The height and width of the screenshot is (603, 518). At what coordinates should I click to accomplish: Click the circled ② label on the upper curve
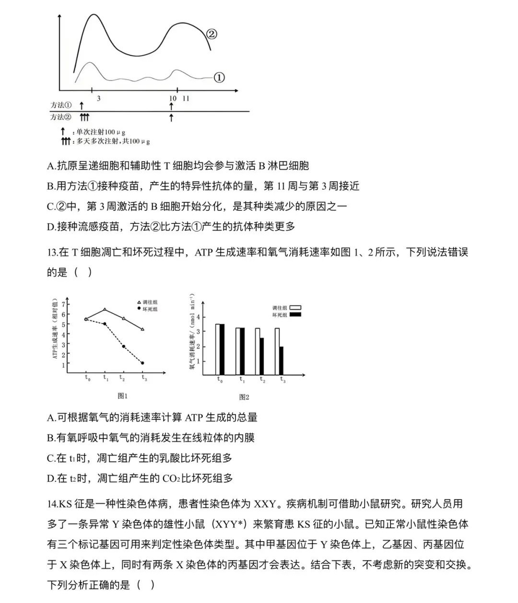coord(212,34)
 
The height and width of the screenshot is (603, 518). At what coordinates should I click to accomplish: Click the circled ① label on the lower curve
coord(218,77)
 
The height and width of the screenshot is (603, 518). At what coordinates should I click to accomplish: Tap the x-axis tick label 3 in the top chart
coord(98,98)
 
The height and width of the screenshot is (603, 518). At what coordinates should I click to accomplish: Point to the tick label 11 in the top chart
coord(186,98)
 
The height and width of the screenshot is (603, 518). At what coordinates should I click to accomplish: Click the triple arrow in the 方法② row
coord(84,117)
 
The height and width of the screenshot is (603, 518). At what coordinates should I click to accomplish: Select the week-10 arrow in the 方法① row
coord(171,105)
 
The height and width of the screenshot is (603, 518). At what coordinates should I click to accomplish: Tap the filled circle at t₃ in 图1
coord(142,363)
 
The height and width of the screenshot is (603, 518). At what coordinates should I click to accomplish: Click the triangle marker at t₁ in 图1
coord(105,310)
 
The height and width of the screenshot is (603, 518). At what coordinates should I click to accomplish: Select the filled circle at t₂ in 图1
coord(123,346)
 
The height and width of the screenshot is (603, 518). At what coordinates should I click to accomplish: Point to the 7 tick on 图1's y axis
coord(63,304)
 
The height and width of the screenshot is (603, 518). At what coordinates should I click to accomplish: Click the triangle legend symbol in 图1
coord(139,302)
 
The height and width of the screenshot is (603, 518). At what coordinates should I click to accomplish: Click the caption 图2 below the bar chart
coord(244,397)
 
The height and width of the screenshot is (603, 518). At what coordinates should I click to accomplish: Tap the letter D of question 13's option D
coord(51,478)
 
